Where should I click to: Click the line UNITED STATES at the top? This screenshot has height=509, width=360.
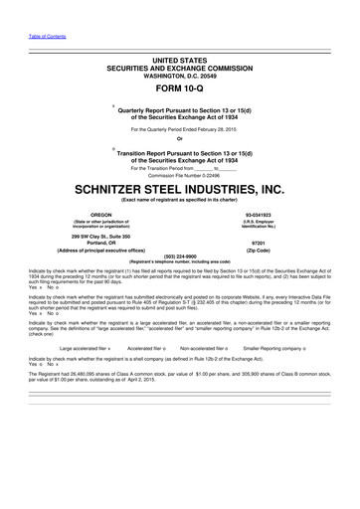click(x=180, y=34)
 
